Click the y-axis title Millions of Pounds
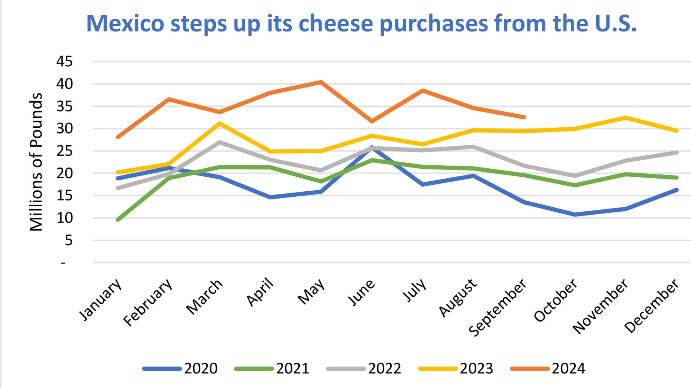[x=36, y=162]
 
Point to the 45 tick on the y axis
[x=64, y=61]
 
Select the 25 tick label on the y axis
[x=64, y=151]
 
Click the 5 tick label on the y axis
[x=68, y=240]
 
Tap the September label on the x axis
[x=498, y=307]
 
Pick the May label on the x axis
[x=312, y=291]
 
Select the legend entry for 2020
[x=180, y=368]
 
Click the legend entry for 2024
[x=548, y=368]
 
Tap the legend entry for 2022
[x=364, y=368]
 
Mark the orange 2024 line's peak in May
[x=321, y=82]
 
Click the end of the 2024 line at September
[x=524, y=117]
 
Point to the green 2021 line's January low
[x=118, y=220]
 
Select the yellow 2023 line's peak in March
[x=219, y=123]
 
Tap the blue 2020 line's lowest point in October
[x=575, y=214]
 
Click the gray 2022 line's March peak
[x=219, y=142]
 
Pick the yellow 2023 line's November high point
[x=626, y=117]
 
